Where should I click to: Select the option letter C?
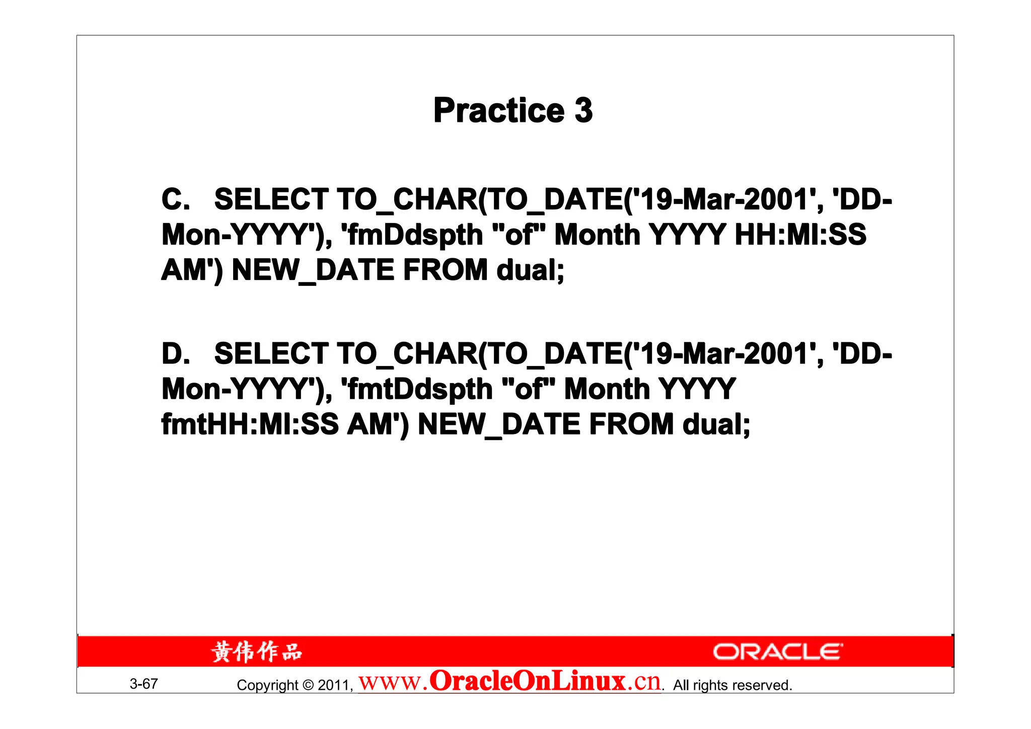175,199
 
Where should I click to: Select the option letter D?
175,353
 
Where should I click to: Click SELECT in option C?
271,199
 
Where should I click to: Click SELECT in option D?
271,353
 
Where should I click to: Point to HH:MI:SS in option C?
800,235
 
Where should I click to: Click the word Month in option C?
597,235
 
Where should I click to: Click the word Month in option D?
607,389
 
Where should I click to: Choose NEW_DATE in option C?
313,270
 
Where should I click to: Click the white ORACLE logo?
777,652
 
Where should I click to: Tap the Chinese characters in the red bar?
256,652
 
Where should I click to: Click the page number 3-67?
143,684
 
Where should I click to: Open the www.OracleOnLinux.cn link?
509,682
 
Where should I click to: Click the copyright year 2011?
334,685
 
